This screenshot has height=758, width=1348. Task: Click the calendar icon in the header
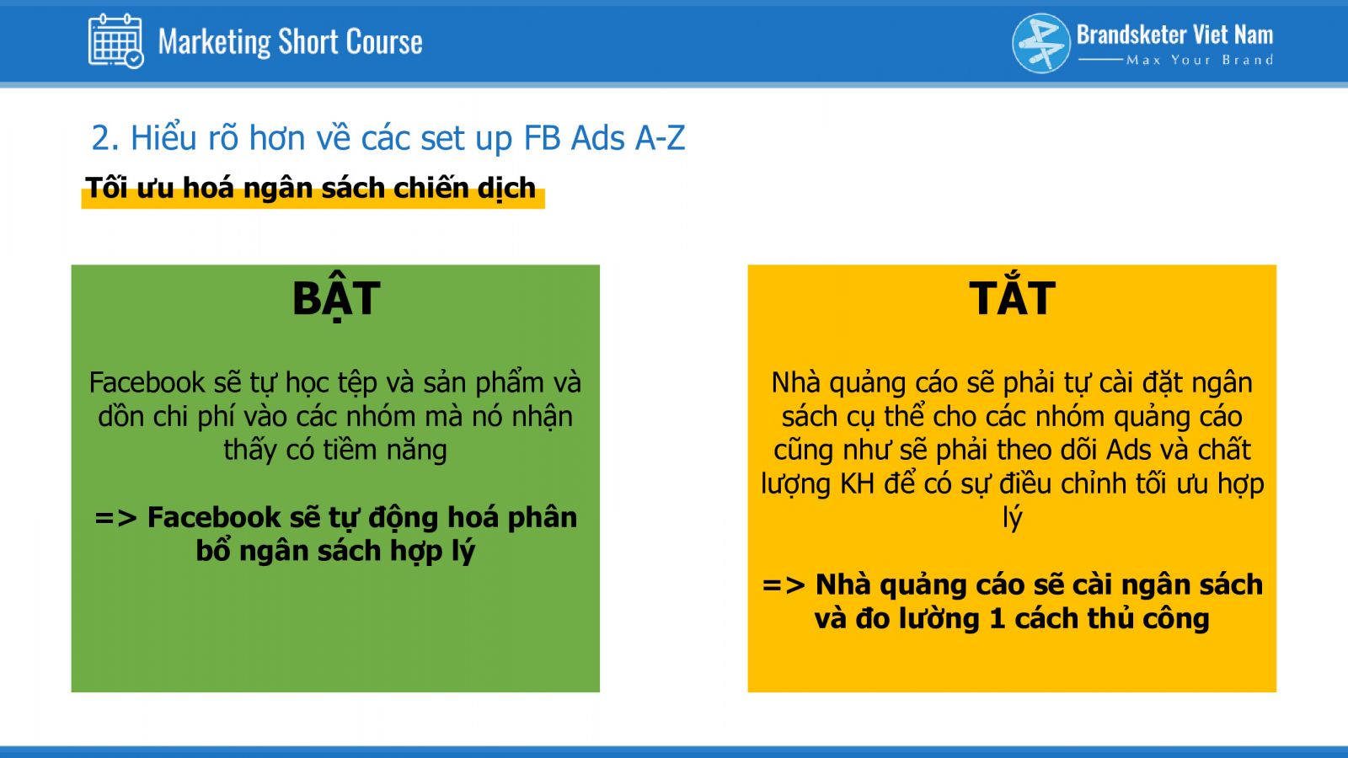(115, 41)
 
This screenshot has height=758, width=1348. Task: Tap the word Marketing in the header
(214, 42)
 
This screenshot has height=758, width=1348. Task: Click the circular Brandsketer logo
(1041, 43)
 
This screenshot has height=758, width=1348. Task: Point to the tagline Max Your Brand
(1200, 60)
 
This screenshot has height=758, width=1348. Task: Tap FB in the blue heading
(543, 138)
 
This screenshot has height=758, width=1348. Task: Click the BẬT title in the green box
(336, 298)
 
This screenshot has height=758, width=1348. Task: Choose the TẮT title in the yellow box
(1012, 297)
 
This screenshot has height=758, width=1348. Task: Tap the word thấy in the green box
(251, 451)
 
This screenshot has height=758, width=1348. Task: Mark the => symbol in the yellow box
(784, 585)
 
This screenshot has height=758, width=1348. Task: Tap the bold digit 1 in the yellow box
(998, 618)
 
